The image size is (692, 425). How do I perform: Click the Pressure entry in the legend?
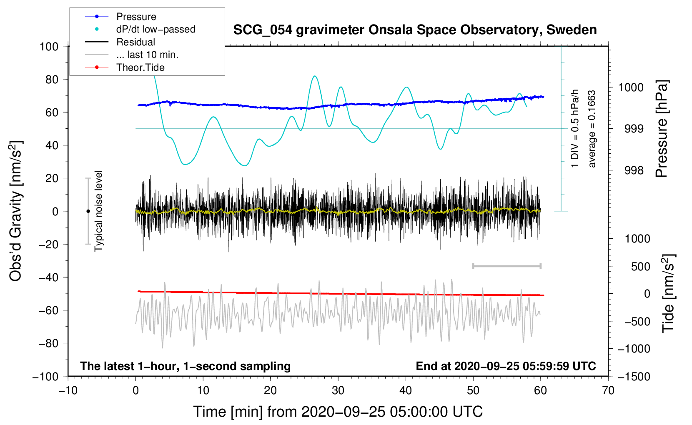136,16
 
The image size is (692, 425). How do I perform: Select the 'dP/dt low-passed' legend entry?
156,29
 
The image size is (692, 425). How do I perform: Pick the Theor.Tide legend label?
140,67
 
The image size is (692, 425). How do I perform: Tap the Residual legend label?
135,42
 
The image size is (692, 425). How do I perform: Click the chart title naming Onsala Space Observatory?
415,30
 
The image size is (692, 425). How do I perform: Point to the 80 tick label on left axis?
52,80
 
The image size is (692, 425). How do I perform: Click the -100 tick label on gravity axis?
45,377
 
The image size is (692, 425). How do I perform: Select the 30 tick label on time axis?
338,390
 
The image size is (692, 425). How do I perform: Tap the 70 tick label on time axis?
608,390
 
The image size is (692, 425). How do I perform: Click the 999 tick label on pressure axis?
634,129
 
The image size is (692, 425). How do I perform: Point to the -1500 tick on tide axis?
634,377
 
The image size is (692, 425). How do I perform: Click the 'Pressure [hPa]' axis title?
662,129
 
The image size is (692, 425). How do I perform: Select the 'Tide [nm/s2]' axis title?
669,293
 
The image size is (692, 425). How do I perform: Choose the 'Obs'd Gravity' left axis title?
15,211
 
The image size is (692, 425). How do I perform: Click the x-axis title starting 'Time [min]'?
338,412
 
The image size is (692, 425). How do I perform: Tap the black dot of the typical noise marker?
88,211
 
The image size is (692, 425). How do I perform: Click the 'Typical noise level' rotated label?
98,211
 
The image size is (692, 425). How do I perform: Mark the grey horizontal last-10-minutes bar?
506,266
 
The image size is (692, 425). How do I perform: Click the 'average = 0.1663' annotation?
592,129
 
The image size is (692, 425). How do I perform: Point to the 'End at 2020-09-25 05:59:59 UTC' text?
506,366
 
